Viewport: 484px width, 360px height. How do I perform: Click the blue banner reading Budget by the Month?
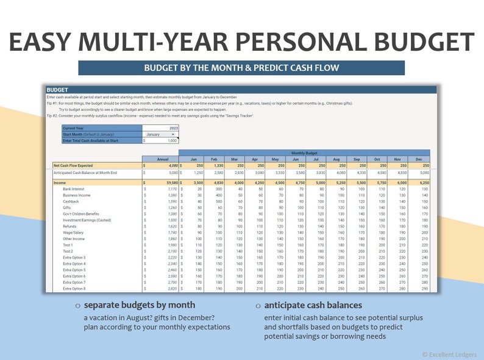coord(241,68)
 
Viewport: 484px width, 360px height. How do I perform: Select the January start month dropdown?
coord(160,134)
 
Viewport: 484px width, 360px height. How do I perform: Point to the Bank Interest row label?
coord(74,189)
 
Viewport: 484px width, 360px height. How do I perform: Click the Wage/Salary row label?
coord(73,232)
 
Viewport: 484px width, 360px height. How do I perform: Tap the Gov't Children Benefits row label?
coord(81,214)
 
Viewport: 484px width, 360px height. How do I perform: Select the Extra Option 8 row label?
coord(74,289)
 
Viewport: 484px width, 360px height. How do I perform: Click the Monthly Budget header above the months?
coord(304,153)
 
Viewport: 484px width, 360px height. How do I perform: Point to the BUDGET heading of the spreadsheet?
coord(57,90)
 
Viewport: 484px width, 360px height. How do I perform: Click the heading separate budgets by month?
coord(139,305)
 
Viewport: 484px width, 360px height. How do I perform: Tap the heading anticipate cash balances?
coord(313,305)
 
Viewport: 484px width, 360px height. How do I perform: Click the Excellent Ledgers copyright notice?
coord(449,354)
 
